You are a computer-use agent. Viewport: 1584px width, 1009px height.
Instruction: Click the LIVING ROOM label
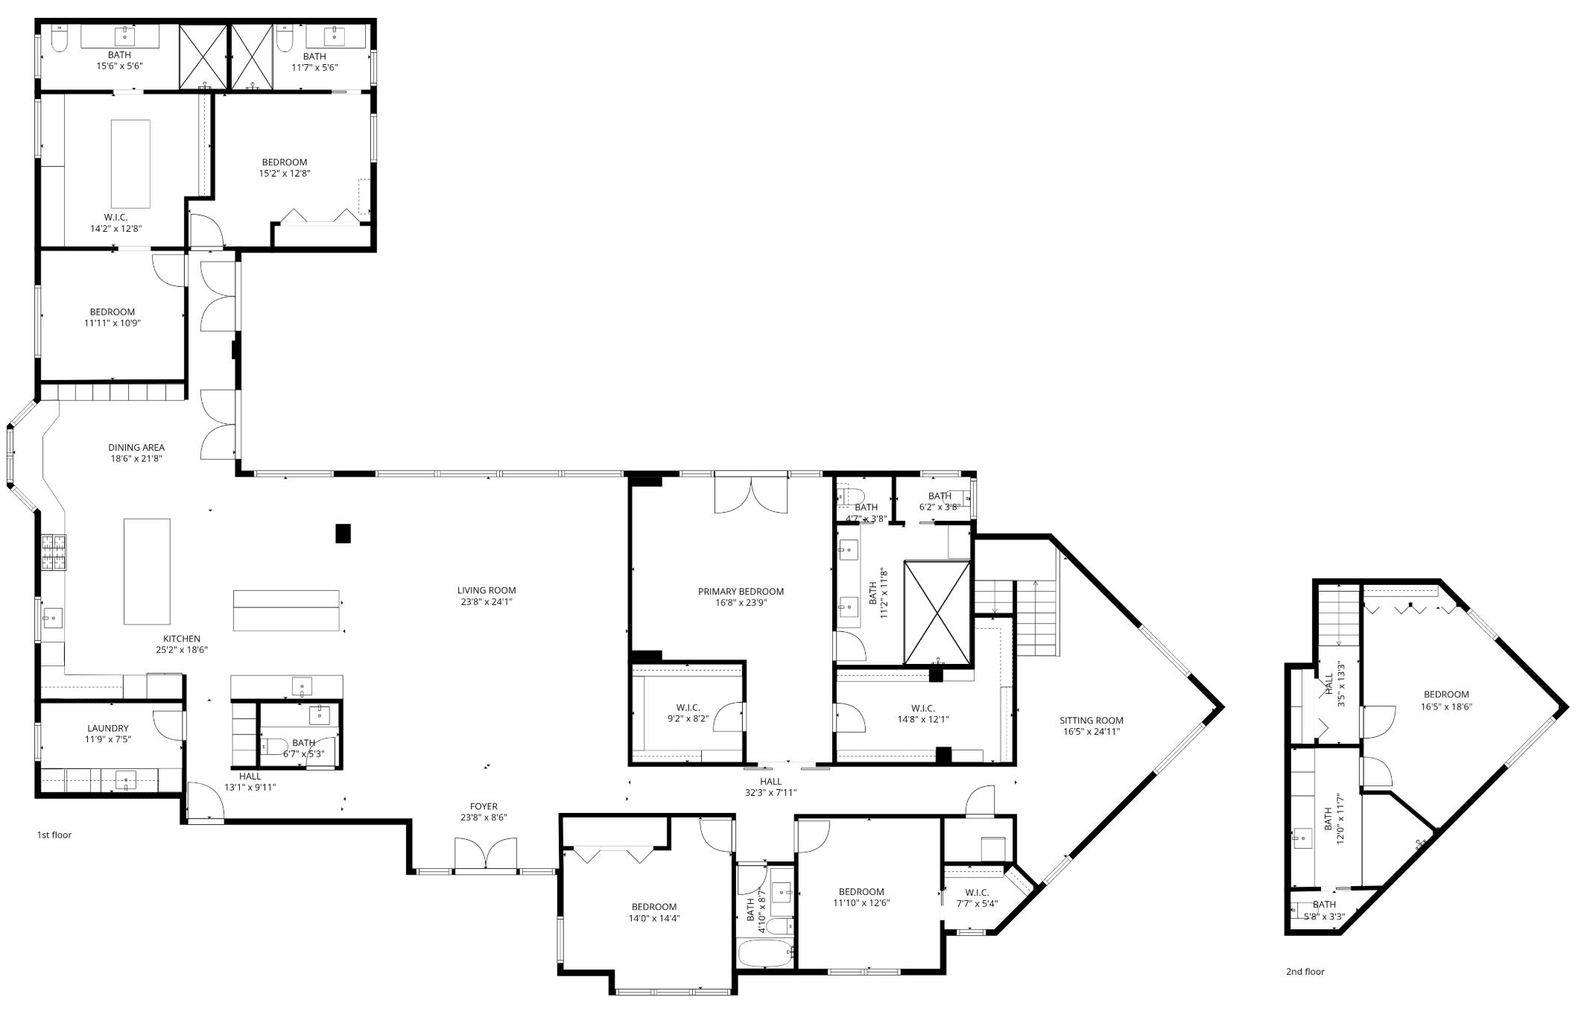(x=487, y=590)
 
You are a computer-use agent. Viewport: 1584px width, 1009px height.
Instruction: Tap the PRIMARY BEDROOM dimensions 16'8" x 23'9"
(x=741, y=603)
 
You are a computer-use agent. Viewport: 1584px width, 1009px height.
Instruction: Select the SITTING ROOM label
(x=1092, y=720)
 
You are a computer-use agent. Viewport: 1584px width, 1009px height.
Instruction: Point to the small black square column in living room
(x=343, y=534)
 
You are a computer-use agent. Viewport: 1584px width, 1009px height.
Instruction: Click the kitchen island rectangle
(x=147, y=572)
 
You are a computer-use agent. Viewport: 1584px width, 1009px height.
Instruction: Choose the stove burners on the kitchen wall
(x=54, y=552)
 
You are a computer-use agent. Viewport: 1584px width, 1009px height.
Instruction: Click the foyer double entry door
(x=486, y=854)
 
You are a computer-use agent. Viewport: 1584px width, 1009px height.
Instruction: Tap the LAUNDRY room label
(x=108, y=728)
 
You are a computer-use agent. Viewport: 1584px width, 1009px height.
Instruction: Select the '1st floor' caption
(x=54, y=835)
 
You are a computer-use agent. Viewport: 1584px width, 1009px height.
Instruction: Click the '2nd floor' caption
(x=1305, y=971)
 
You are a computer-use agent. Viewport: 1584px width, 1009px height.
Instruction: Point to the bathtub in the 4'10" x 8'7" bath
(x=765, y=953)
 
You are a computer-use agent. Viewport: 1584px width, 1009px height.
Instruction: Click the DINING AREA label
(x=136, y=447)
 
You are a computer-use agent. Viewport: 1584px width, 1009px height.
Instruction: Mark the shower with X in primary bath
(x=937, y=613)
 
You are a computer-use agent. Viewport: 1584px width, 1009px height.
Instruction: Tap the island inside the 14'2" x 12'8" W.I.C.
(x=130, y=164)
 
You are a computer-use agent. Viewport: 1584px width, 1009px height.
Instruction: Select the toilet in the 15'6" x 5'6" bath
(x=60, y=39)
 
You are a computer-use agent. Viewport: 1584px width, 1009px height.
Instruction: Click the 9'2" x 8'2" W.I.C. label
(x=688, y=707)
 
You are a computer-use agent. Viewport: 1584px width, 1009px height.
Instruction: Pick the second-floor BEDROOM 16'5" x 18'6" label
(x=1446, y=694)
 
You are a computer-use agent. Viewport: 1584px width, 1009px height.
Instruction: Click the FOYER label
(x=484, y=806)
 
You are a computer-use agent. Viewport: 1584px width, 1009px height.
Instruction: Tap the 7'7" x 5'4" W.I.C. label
(x=977, y=892)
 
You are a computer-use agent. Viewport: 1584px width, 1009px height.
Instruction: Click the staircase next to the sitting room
(x=1036, y=619)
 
